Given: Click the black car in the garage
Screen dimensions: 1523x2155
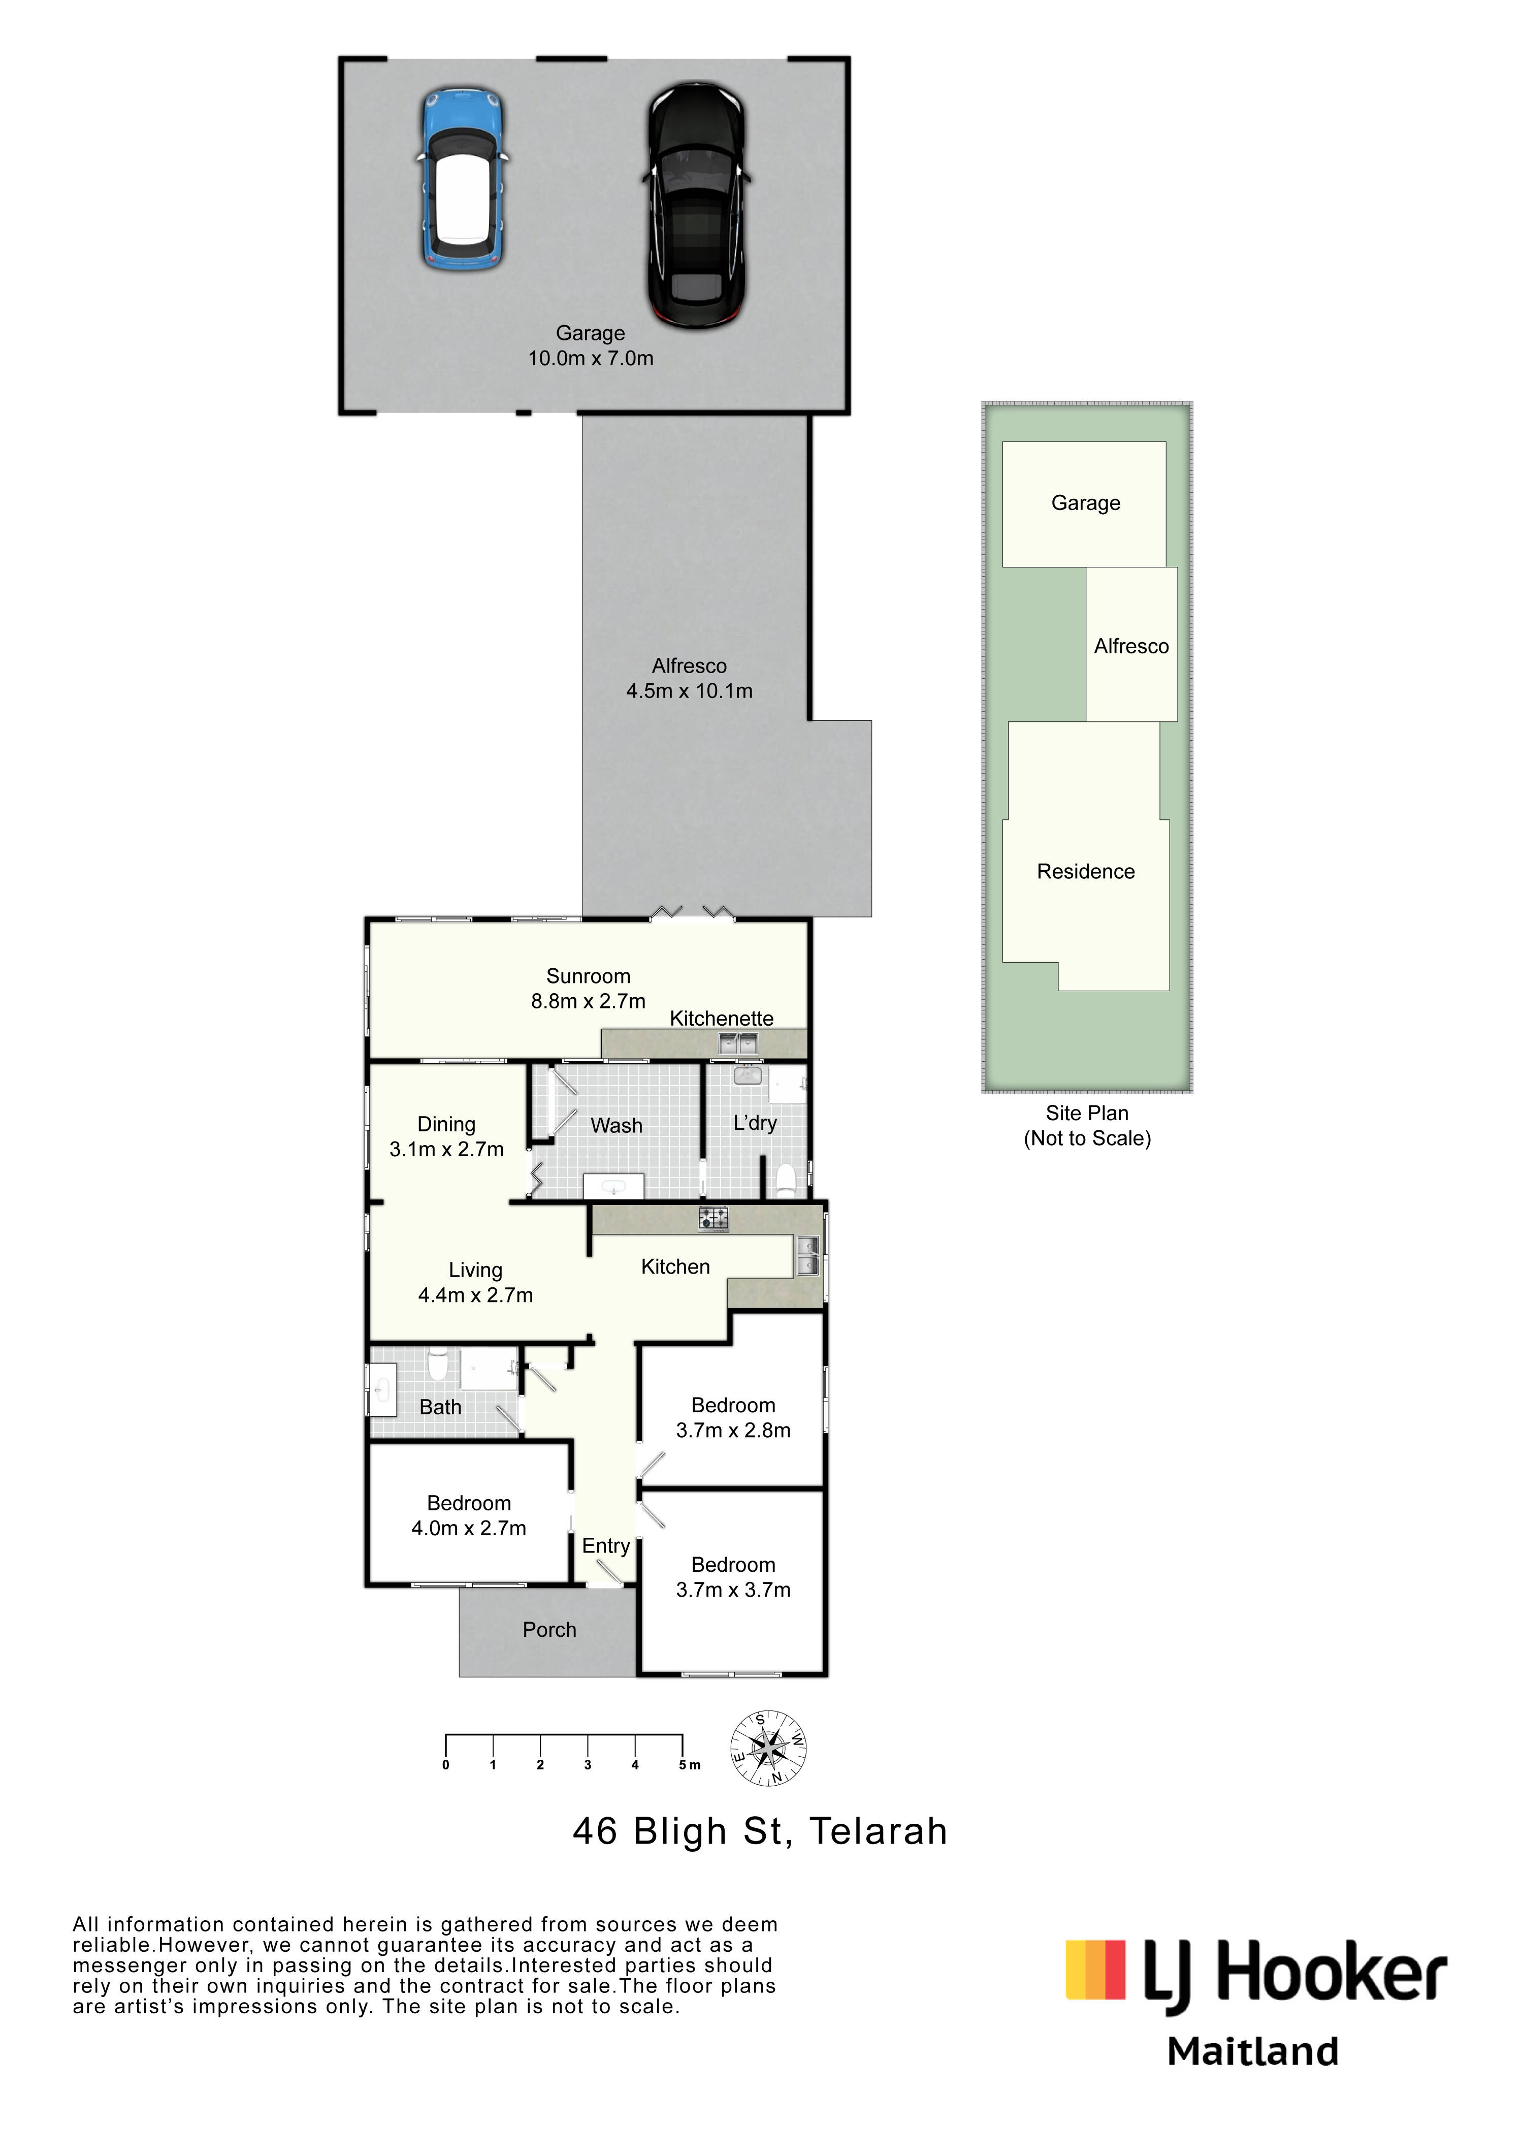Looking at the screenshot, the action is [x=696, y=205].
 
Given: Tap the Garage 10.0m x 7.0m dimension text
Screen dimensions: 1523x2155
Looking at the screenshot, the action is [x=590, y=358].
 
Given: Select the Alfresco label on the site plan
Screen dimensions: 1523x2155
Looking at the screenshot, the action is [x=1131, y=646].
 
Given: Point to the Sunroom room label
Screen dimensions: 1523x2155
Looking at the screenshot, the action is [x=589, y=976].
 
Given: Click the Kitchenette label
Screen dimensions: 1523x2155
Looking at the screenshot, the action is [x=722, y=1019].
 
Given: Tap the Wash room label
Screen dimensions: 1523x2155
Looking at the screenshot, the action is [x=617, y=1125].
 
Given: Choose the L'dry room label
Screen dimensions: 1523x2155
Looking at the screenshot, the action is [x=755, y=1123].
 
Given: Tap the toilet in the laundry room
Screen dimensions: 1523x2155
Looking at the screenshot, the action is [x=786, y=1180].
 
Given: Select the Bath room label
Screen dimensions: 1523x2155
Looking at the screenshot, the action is [x=440, y=1407].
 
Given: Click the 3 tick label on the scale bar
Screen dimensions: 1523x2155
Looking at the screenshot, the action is [x=588, y=1764].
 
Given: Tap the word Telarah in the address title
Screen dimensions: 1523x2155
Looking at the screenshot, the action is [x=879, y=1831].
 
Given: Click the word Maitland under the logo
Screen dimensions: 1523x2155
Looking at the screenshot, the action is [x=1253, y=2052].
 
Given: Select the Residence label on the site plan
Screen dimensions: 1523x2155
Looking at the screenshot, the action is [x=1086, y=871].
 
